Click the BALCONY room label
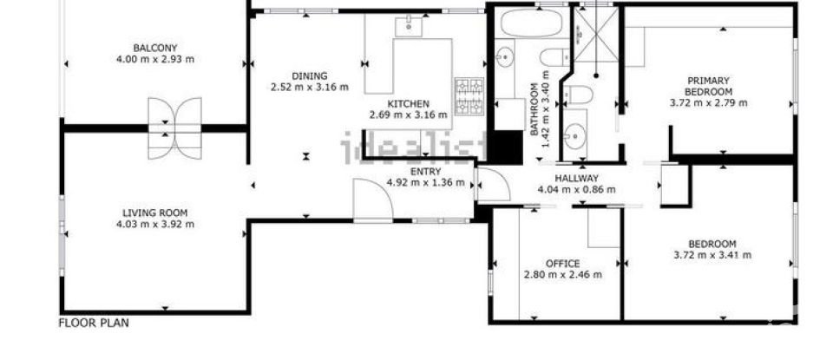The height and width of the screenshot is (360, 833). click(155, 48)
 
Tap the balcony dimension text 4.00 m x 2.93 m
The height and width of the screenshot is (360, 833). click(155, 59)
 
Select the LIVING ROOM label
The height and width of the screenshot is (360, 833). click(154, 213)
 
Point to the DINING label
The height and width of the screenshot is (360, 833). click(309, 75)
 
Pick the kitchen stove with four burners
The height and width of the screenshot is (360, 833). click(469, 97)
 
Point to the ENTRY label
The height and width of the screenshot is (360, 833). click(425, 172)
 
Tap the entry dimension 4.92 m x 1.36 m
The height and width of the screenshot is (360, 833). click(425, 183)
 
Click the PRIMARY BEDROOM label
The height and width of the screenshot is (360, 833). click(708, 86)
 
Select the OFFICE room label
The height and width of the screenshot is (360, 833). click(562, 264)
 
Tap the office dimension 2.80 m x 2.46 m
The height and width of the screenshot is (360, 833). click(562, 275)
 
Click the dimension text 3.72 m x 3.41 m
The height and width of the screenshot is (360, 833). click(712, 255)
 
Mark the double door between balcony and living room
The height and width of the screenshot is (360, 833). click(174, 128)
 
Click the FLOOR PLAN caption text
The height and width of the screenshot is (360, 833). click(94, 323)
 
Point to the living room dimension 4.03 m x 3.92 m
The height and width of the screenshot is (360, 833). click(154, 224)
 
